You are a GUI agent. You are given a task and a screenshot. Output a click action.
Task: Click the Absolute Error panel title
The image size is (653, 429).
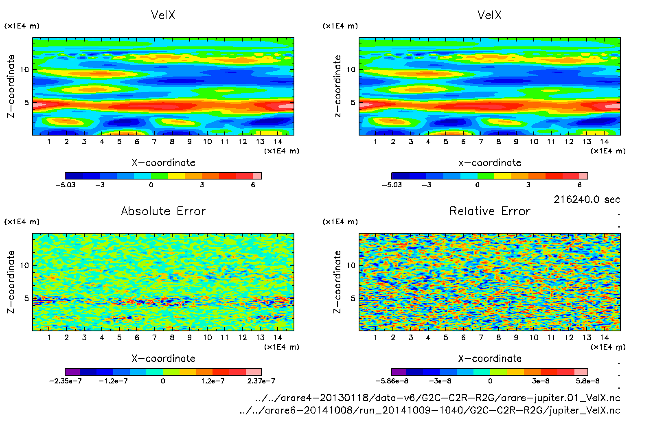[163, 211]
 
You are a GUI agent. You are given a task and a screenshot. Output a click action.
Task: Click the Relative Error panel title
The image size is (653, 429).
[490, 211]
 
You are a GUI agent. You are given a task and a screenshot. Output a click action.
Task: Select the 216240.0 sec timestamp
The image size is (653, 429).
[587, 199]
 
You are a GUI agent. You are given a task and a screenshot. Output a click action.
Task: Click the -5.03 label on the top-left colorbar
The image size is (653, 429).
[66, 185]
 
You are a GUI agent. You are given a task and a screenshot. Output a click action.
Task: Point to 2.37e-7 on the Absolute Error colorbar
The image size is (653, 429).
[261, 381]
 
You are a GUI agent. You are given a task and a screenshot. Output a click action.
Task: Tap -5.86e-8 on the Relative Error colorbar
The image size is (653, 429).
[392, 381]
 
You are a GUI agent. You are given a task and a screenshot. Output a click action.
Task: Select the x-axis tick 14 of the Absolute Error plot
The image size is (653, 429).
[278, 337]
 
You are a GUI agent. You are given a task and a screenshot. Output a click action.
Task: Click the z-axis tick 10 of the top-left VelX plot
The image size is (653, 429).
[24, 70]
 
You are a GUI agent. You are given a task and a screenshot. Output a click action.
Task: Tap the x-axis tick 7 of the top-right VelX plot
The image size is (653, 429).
[481, 142]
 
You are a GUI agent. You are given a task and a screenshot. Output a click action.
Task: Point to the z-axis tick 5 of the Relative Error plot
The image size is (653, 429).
[353, 298]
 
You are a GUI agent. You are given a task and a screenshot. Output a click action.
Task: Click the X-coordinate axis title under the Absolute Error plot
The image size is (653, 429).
[163, 359]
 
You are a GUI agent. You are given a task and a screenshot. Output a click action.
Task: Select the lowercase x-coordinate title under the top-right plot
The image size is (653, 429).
[490, 163]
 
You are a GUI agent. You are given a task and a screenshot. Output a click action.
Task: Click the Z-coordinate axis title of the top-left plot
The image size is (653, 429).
[11, 86]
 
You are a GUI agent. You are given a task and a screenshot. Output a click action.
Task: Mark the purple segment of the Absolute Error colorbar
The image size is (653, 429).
[72, 372]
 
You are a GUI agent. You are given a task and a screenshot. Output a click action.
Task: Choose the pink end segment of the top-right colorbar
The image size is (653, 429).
[583, 176]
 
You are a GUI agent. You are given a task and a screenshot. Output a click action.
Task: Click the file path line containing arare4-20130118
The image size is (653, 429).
[438, 398]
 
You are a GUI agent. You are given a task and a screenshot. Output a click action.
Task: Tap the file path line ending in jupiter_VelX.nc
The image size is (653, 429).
[430, 410]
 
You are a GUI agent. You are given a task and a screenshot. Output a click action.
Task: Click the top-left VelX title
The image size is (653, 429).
[163, 15]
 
